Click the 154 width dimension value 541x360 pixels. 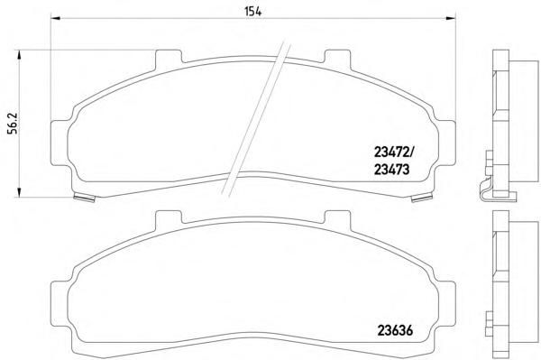[253, 12]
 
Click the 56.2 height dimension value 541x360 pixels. [14, 124]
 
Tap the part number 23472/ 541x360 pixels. [396, 152]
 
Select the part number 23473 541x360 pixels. [391, 169]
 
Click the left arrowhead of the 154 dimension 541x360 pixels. [56, 18]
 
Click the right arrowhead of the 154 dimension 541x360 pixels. [451, 18]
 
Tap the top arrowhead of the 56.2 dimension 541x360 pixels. [19, 55]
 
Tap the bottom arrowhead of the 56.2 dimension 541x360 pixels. [19, 192]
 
